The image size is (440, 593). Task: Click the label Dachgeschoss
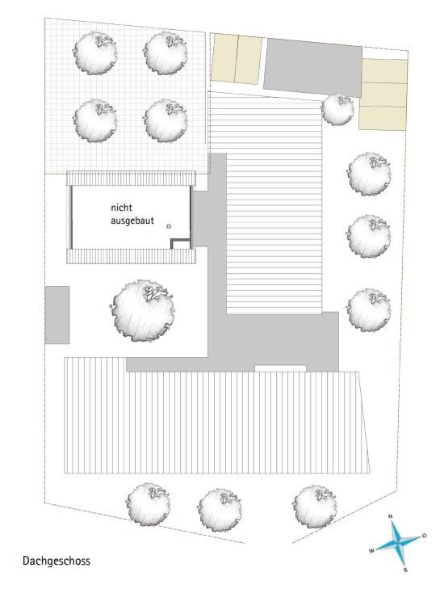click(x=57, y=561)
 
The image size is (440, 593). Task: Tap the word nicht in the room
click(x=121, y=208)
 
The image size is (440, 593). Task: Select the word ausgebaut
click(x=132, y=221)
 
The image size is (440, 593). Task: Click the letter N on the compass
click(x=391, y=516)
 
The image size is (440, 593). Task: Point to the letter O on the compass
click(x=424, y=536)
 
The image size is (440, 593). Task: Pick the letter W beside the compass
click(x=371, y=551)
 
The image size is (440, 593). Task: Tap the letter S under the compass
click(x=405, y=570)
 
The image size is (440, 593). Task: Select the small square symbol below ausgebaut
click(x=169, y=226)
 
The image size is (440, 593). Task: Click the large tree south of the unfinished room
click(x=143, y=311)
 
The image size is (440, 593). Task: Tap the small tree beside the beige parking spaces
click(x=337, y=109)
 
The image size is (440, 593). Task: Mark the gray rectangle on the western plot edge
click(x=57, y=315)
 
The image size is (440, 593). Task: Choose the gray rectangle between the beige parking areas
click(x=313, y=67)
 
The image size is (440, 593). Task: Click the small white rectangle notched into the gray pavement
click(x=280, y=368)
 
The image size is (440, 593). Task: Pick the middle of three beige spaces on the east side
click(x=383, y=95)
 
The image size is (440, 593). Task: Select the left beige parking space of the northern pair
click(x=224, y=58)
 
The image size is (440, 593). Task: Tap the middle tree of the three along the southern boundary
click(x=220, y=509)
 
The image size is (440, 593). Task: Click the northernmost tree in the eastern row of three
click(x=369, y=174)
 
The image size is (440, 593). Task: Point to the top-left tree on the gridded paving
click(x=95, y=53)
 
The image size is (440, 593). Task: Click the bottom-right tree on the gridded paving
click(x=166, y=120)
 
